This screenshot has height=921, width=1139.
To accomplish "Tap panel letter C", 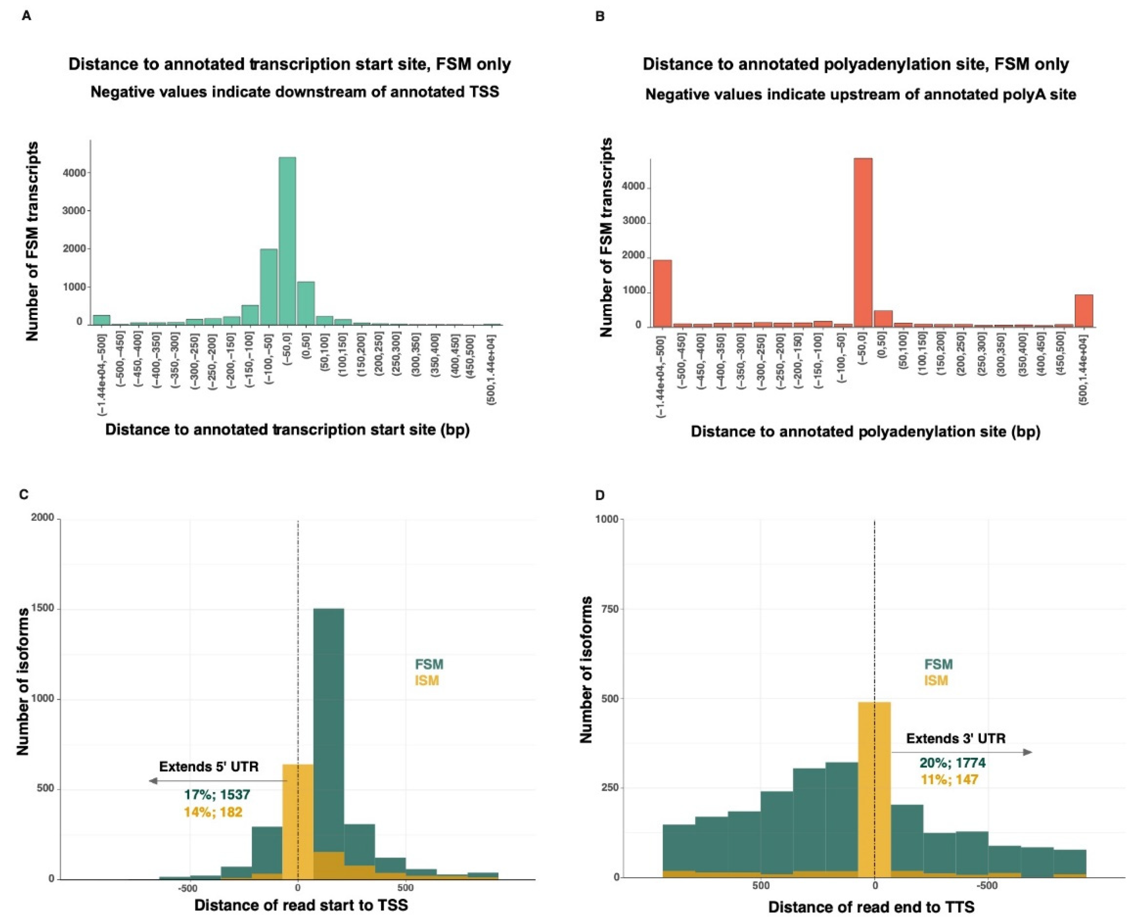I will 24,495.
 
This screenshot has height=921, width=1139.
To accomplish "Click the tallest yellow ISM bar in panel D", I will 874,791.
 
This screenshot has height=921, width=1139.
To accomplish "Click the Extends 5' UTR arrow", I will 217,781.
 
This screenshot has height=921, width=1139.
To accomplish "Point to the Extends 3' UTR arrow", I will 961,752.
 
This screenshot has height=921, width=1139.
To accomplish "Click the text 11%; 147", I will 950,780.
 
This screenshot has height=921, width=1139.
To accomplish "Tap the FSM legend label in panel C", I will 428,664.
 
